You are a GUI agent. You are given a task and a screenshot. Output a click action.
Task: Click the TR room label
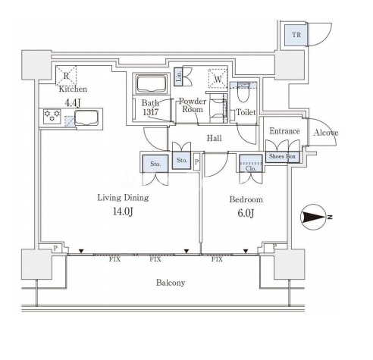click(x=296, y=35)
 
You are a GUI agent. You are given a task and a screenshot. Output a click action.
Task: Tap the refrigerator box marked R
click(x=66, y=75)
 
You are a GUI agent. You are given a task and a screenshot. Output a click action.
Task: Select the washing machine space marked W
click(x=218, y=79)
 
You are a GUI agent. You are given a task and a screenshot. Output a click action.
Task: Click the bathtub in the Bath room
click(x=152, y=83)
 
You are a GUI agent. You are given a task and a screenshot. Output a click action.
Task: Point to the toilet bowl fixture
click(x=243, y=92)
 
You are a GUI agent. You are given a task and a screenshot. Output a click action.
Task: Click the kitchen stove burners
click(x=52, y=117)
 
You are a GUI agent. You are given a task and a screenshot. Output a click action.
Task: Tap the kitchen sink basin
click(x=86, y=117)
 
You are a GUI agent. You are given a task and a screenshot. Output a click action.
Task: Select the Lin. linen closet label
click(x=179, y=76)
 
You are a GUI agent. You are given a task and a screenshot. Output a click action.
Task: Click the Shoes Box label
click(x=282, y=156)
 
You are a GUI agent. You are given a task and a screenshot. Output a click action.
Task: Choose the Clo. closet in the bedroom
click(x=251, y=163)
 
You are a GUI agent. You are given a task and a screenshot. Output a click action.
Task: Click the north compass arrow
click(x=314, y=217)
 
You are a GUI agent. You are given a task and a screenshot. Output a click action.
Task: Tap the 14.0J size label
click(x=123, y=211)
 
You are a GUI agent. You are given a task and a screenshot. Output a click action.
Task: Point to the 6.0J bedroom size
click(x=246, y=213)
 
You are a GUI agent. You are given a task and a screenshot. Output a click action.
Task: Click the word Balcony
click(x=171, y=283)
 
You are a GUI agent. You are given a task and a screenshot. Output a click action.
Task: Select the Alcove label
click(x=326, y=133)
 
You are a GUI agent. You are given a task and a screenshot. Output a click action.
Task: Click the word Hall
click(x=215, y=138)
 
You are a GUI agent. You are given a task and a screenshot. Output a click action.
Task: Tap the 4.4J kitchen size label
click(x=73, y=103)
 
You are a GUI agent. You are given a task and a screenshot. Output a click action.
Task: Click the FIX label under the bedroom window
click(x=217, y=259)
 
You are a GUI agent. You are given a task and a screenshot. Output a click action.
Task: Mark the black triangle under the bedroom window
click(x=246, y=251)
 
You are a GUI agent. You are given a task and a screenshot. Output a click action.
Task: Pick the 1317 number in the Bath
click(x=151, y=112)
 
